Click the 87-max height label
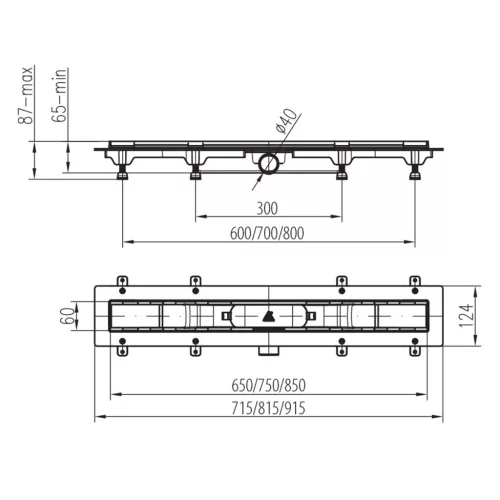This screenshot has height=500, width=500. click(x=25, y=95)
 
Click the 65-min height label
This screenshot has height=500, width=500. click(x=60, y=96)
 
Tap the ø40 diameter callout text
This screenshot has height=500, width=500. click(x=285, y=121)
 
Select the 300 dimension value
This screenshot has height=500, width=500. click(x=267, y=209)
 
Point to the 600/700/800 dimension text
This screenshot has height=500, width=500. click(x=267, y=233)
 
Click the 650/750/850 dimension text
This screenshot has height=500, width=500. click(x=269, y=385)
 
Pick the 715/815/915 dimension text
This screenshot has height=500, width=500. click(x=269, y=408)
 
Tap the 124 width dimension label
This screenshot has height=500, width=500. click(x=466, y=315)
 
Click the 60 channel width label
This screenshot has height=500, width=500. click(x=68, y=316)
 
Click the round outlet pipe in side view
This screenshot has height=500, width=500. click(x=268, y=164)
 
